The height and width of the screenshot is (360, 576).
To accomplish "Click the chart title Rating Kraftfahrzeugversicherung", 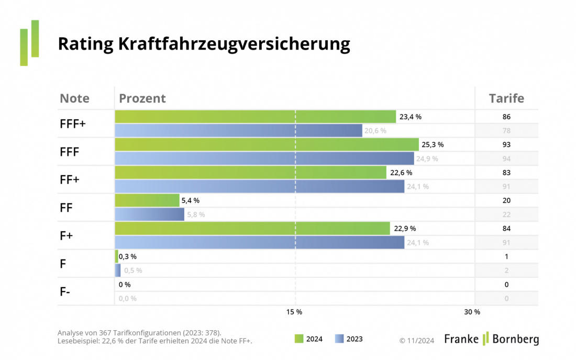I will (x=204, y=44).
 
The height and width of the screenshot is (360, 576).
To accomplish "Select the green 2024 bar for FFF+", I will (x=255, y=117).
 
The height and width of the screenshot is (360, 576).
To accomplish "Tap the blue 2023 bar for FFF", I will (x=264, y=158).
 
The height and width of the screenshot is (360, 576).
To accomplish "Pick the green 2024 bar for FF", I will (x=147, y=200).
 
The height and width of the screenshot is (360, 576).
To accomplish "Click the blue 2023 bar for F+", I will (x=259, y=242).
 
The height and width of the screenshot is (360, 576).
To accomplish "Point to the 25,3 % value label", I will (x=433, y=144).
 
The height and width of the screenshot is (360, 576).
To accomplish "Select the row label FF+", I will (x=69, y=179).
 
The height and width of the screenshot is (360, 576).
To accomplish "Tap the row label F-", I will (x=65, y=291).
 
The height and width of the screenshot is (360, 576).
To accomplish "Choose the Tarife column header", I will (x=506, y=98).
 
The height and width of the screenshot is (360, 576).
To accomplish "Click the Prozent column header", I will (x=142, y=98).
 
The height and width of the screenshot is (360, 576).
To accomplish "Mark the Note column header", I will (x=74, y=98).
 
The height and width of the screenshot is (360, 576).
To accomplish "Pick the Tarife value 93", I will (x=506, y=144).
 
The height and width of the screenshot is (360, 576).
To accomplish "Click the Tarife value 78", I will (x=506, y=131).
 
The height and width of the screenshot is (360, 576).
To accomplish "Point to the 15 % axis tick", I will (x=294, y=312).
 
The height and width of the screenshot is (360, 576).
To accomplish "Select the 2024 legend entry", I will (x=309, y=339).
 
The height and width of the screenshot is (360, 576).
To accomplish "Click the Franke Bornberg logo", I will (x=491, y=339).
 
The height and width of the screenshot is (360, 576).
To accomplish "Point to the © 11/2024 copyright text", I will (x=417, y=341).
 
